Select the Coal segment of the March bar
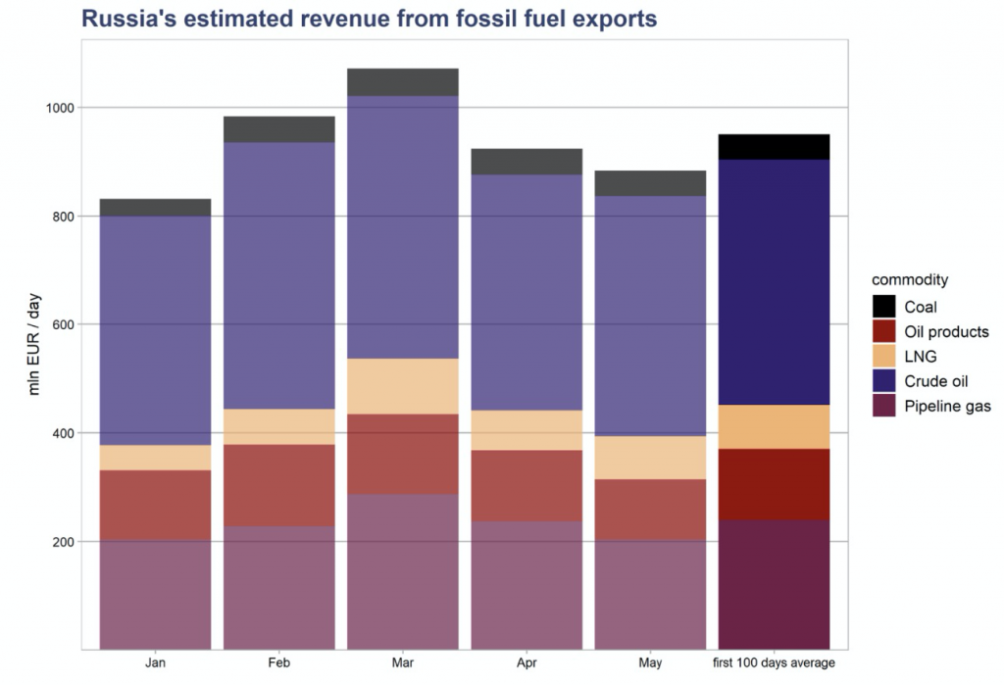pos(402,82)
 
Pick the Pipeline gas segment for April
pos(526,584)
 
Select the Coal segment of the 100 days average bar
pos(774,147)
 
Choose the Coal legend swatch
pos(884,307)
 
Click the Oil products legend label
pos(946,332)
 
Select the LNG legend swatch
pos(884,357)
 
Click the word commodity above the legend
pos(909,280)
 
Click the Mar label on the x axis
pos(402,663)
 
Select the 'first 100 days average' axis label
pos(774,663)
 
